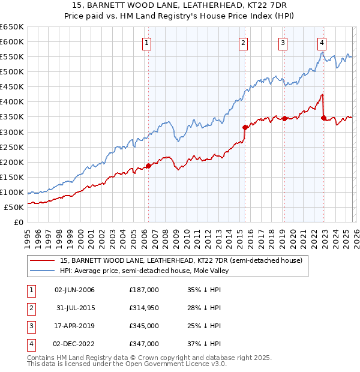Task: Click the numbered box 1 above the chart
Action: tap(147, 43)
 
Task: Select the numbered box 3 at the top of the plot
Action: tap(283, 43)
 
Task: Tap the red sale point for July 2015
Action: tap(245, 127)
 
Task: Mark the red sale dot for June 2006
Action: tap(148, 166)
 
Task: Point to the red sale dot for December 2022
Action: tap(324, 118)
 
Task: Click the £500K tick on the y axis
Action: tap(12, 72)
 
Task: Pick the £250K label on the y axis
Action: tap(12, 147)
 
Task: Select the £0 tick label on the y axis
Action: tap(18, 222)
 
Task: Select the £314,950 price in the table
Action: tap(144, 308)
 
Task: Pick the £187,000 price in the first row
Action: tap(144, 290)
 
